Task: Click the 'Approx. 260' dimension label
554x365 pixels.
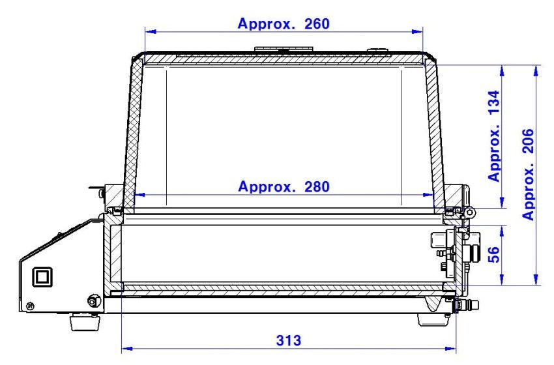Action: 284,23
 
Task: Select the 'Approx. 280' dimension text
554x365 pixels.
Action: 284,186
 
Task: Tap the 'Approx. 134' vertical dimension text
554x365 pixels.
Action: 494,136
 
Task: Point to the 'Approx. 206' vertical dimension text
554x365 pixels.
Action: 528,175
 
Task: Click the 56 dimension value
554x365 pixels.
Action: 494,254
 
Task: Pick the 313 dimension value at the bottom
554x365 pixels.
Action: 289,341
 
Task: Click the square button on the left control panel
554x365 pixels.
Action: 42,276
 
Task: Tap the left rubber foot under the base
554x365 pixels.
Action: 85,321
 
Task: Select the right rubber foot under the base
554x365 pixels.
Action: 434,320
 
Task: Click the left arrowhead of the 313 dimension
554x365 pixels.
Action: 127,349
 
